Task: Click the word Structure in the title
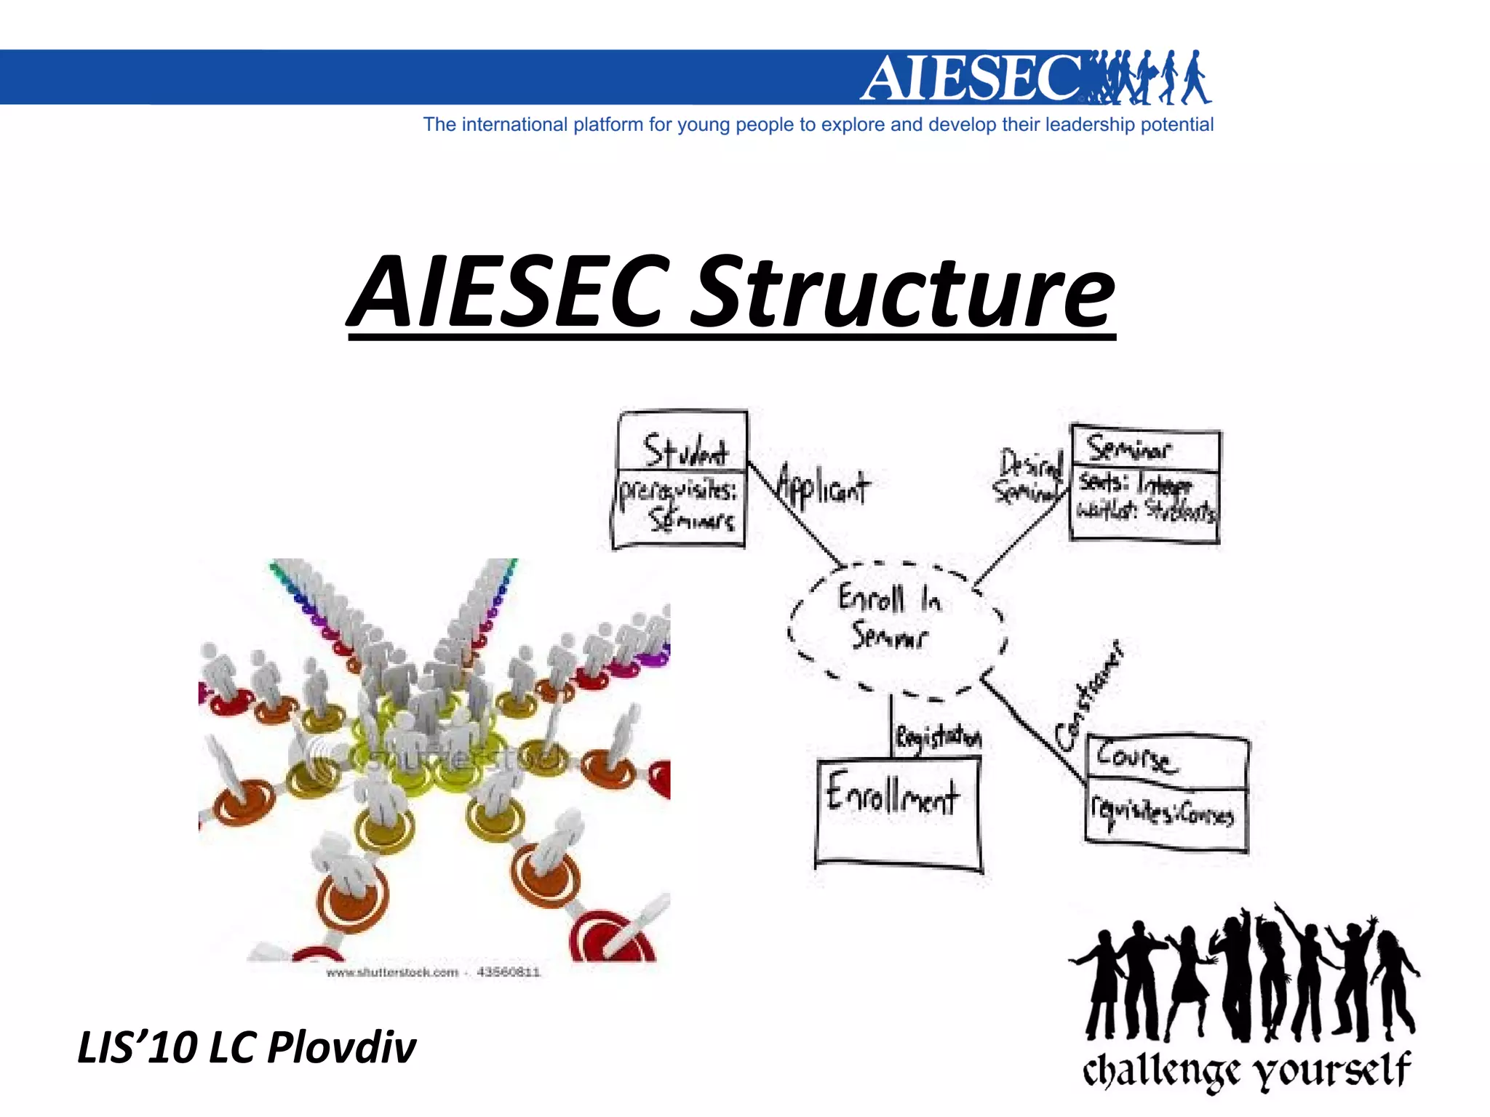[902, 292]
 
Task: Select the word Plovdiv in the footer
[341, 1048]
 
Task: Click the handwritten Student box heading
[685, 450]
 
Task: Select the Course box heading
[1135, 757]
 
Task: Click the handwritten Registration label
[938, 737]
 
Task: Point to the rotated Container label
[1089, 698]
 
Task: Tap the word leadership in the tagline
[1089, 125]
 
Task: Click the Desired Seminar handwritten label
[1028, 476]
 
